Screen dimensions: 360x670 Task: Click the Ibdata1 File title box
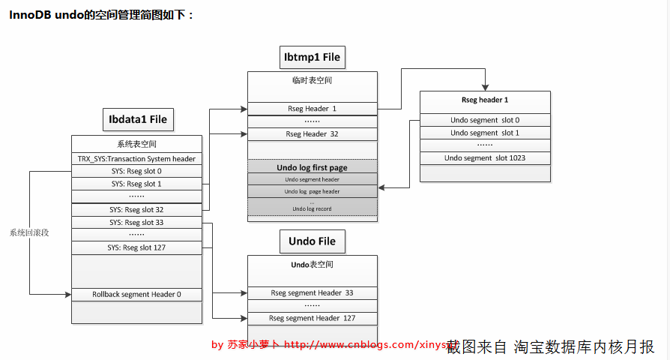137,119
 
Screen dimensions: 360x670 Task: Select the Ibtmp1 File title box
312,56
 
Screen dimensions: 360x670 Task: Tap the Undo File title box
312,241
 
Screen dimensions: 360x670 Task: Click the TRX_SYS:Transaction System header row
136,158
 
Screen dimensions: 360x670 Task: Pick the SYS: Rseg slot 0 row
136,171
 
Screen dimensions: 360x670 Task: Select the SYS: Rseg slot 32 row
136,209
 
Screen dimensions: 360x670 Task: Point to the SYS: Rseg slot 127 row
136,247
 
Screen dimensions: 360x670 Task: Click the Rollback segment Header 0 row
136,294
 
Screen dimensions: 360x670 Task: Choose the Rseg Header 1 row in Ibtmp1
312,109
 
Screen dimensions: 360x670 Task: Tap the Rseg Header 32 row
312,134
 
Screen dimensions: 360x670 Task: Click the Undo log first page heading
312,167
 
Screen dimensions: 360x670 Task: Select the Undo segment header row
312,179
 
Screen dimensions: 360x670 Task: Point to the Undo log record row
312,208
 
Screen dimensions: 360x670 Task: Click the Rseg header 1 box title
485,100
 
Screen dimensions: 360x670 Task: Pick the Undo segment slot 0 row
485,120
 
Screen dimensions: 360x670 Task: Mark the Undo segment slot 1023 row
485,157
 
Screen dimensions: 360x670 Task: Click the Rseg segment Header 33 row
312,292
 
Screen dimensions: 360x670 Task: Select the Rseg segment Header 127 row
312,318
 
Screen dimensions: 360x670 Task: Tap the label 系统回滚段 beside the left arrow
29,232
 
